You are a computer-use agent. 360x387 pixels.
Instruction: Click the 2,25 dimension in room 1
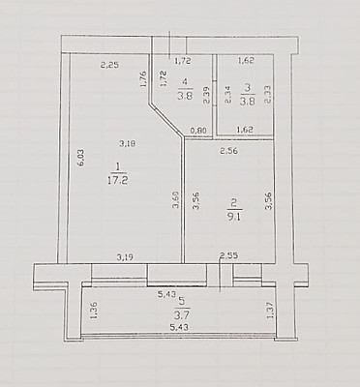[109, 65]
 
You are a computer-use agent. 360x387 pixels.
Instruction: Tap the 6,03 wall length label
[80, 158]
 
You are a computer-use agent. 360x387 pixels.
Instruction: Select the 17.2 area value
[117, 180]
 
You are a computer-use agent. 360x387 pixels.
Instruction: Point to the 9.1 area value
[234, 216]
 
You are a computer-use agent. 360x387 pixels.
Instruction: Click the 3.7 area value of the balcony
[182, 313]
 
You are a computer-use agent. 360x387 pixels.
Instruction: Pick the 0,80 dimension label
[198, 131]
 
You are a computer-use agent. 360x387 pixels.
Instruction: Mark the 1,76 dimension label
[143, 79]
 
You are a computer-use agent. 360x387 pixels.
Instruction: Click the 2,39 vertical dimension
[206, 95]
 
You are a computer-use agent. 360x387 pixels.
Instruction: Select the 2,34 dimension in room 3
[228, 95]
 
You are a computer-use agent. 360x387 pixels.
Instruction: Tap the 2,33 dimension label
[268, 94]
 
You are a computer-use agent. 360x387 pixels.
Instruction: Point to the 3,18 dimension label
[128, 144]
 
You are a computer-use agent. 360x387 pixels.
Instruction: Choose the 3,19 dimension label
[125, 257]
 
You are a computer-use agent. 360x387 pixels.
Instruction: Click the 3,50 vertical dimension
[175, 200]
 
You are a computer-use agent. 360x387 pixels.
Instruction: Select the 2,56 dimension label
[228, 151]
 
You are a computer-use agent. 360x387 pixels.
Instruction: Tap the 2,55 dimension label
[228, 256]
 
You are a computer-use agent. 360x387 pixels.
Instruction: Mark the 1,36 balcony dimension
[94, 311]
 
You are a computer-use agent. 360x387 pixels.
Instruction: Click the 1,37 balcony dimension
[270, 310]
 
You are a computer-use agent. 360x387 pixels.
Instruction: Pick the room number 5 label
[182, 301]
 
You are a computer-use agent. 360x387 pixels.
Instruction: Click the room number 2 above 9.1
[234, 203]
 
